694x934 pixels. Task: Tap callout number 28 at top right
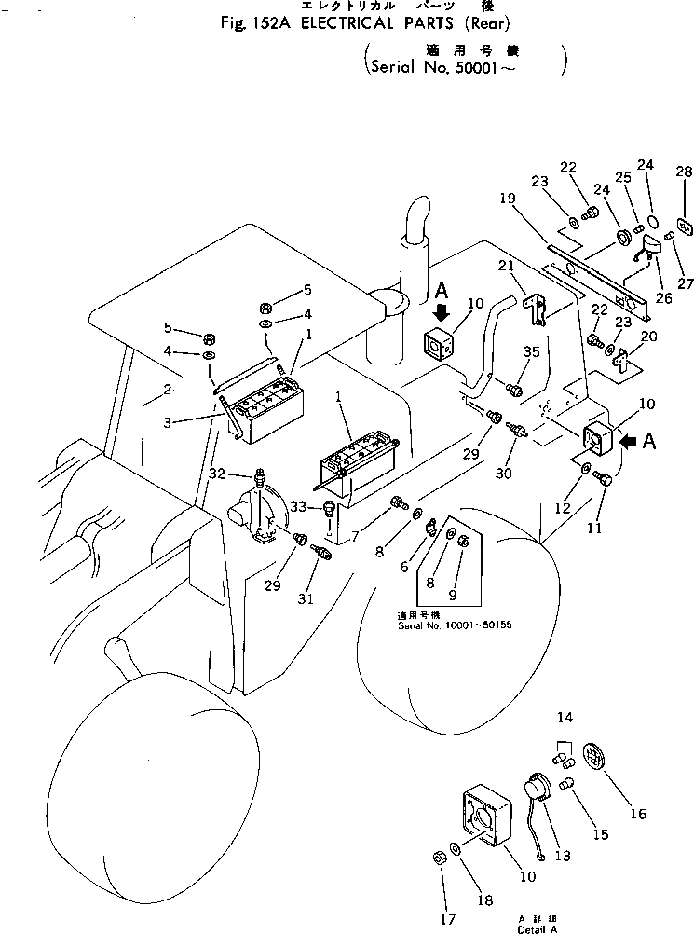pyautogui.click(x=684, y=172)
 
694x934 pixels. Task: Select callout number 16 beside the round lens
pyautogui.click(x=637, y=814)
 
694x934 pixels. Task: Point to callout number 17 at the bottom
pyautogui.click(x=448, y=920)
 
